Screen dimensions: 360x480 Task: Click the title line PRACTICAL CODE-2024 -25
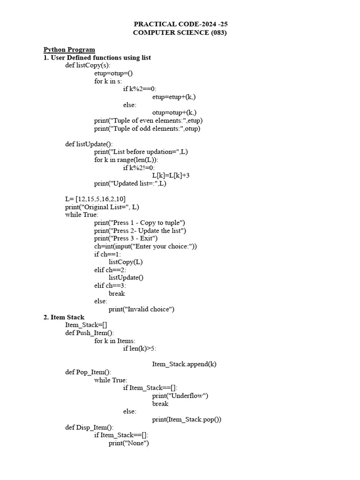[x=180, y=24]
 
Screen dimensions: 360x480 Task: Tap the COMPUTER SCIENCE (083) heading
[x=180, y=32]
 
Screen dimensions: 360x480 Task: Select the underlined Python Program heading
[x=69, y=49]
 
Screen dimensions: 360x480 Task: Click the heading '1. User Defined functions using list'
[x=97, y=57]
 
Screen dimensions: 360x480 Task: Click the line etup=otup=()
[x=113, y=73]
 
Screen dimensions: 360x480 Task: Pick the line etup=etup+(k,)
[x=174, y=97]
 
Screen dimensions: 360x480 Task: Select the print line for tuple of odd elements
[x=147, y=128]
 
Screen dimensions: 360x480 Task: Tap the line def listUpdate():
[x=89, y=144]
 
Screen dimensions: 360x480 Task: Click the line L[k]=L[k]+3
[x=171, y=175]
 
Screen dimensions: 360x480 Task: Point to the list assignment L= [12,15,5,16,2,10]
[x=95, y=199]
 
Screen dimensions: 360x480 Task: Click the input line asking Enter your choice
[x=145, y=246]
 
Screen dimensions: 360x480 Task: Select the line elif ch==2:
[x=110, y=270]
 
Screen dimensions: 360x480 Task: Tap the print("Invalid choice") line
[x=142, y=309]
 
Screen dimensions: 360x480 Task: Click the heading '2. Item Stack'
[x=64, y=317]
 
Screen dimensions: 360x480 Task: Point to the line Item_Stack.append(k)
[x=184, y=364]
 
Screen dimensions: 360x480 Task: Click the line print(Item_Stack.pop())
[x=187, y=419]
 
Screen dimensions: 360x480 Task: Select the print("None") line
[x=128, y=443]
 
